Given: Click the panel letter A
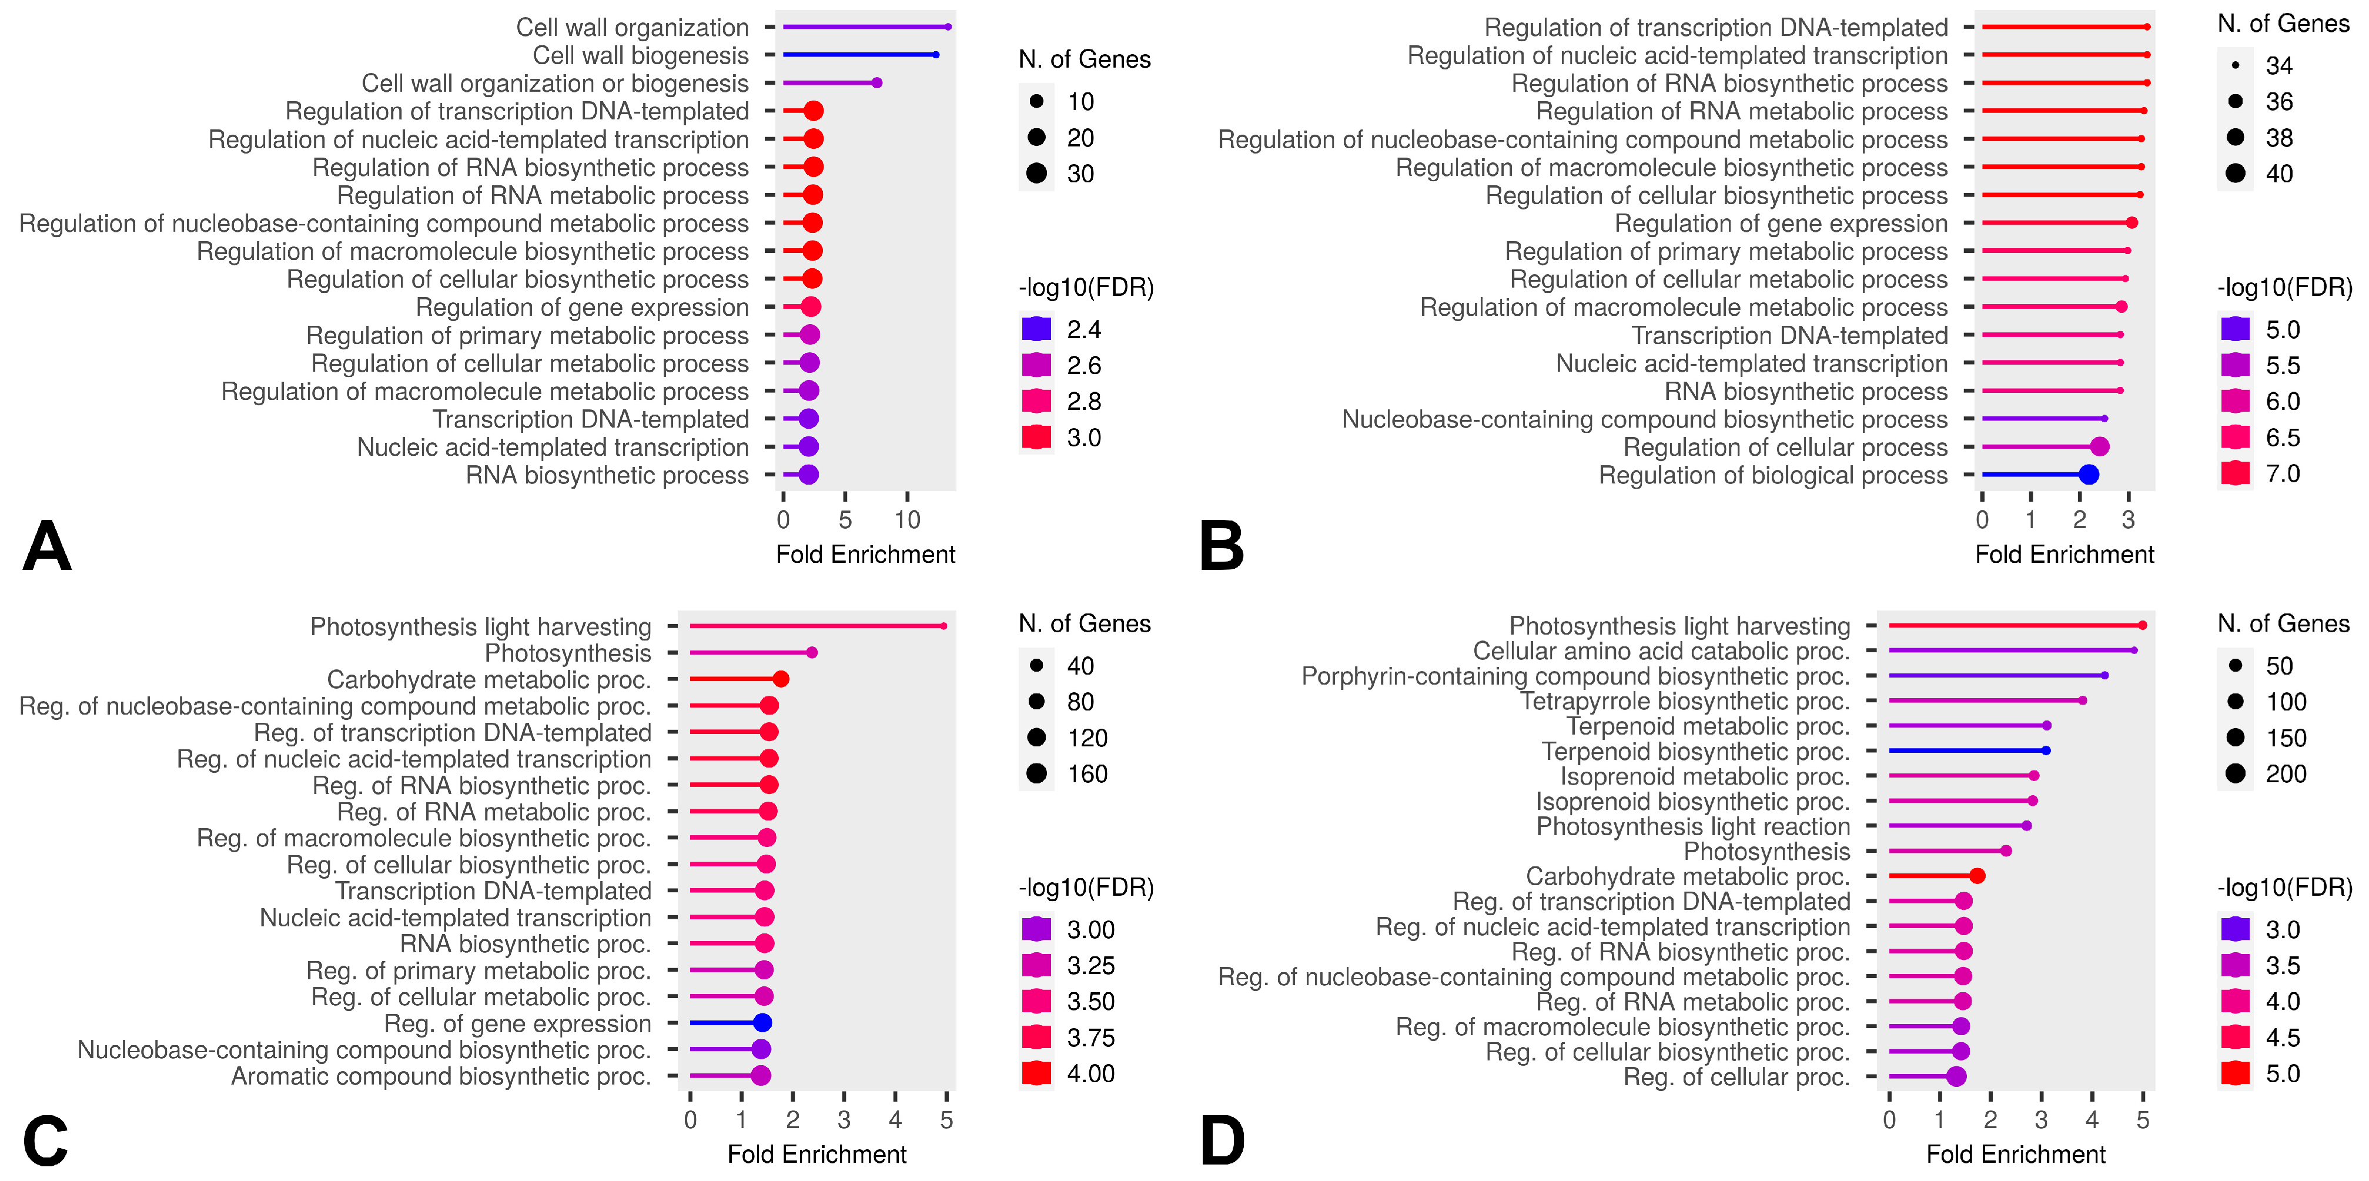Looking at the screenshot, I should coord(47,546).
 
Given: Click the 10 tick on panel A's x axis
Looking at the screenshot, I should coord(907,520).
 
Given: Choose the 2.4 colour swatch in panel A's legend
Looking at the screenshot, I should coord(1036,329).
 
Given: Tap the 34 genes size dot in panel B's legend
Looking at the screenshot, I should coord(2236,65).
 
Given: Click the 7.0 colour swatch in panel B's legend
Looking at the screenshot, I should coord(2236,473).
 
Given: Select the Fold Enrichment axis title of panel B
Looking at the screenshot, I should coord(2064,555).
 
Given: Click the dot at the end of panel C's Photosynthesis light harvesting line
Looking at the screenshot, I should coord(943,626).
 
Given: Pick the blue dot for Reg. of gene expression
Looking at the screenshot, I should coord(761,1023).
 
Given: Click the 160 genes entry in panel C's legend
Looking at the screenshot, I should coord(1036,773).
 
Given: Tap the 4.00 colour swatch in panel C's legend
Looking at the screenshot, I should coord(1036,1073).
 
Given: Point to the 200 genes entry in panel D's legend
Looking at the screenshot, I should coord(2236,773).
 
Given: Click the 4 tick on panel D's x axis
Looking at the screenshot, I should coord(2092,1119).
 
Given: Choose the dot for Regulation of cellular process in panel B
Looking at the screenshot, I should coord(2100,447).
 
